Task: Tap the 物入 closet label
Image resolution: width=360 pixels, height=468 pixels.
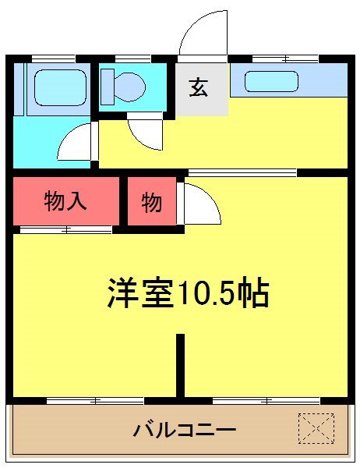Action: pyautogui.click(x=65, y=202)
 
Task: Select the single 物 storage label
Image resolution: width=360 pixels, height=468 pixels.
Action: pyautogui.click(x=151, y=203)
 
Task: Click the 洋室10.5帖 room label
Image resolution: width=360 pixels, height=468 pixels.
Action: pyautogui.click(x=188, y=293)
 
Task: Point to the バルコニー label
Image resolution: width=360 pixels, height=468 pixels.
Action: pyautogui.click(x=184, y=429)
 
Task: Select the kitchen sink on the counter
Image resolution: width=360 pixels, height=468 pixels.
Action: pyautogui.click(x=271, y=81)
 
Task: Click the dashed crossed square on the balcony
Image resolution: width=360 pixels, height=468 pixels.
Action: pyautogui.click(x=316, y=427)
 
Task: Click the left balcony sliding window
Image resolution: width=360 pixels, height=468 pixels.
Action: pyautogui.click(x=95, y=401)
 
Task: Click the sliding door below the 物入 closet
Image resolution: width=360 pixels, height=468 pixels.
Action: pyautogui.click(x=65, y=230)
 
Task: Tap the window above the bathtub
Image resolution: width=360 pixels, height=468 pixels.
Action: pyautogui.click(x=54, y=58)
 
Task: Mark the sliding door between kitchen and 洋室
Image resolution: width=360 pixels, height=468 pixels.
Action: pyautogui.click(x=242, y=172)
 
